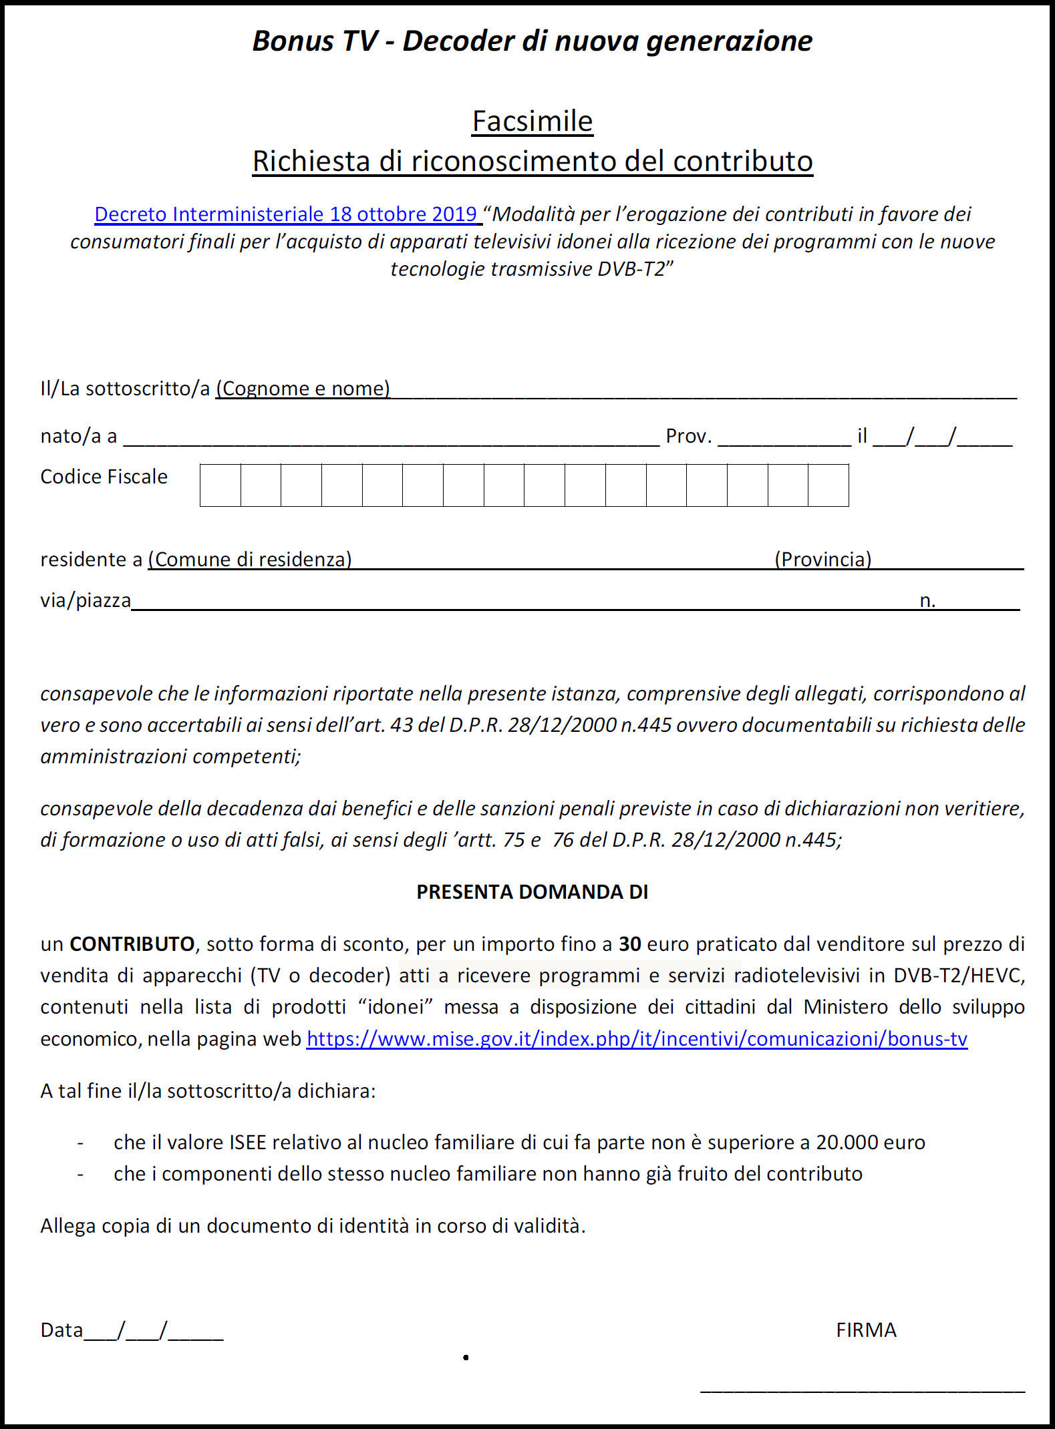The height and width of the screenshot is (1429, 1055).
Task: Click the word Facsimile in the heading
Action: click(533, 122)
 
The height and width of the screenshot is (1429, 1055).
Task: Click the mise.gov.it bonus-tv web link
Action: click(637, 1039)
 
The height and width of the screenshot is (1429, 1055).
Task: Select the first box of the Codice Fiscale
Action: click(220, 485)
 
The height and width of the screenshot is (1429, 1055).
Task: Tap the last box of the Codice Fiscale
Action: click(828, 485)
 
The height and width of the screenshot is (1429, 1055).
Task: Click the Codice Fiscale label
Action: click(104, 477)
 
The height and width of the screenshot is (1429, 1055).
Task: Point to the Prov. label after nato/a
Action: click(689, 436)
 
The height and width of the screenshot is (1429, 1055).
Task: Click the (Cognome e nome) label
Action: click(303, 389)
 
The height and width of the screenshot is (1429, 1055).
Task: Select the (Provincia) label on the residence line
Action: click(823, 560)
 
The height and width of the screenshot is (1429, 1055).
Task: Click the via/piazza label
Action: click(86, 600)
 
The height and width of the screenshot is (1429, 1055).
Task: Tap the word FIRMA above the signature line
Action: click(866, 1330)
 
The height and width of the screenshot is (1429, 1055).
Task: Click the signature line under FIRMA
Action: click(862, 1390)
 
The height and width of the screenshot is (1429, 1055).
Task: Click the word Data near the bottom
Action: click(61, 1330)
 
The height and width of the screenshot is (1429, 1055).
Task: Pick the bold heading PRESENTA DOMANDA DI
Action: click(533, 892)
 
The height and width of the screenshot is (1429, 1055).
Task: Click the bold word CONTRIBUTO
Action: click(132, 944)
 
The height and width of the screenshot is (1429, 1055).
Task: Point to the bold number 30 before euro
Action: click(630, 944)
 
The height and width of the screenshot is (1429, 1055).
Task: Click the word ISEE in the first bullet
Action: click(248, 1143)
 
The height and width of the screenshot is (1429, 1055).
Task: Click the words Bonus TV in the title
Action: click(315, 41)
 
